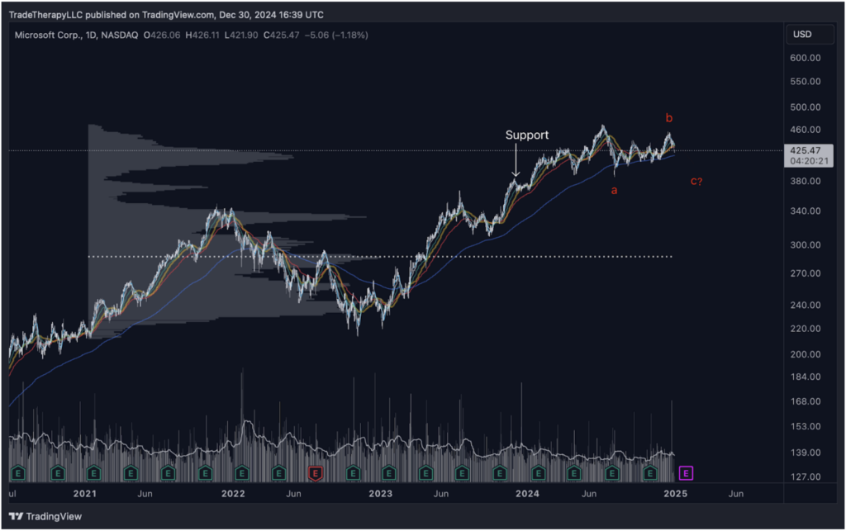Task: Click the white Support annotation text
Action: (526, 135)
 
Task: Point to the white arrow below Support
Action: (516, 160)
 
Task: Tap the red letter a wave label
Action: (613, 191)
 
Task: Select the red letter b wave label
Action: (668, 118)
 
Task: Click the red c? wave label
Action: (696, 182)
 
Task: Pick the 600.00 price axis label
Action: (804, 58)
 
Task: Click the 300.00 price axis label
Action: (804, 244)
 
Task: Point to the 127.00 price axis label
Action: (804, 477)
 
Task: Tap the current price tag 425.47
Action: (805, 150)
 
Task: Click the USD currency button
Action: (801, 34)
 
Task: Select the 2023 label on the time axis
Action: (380, 494)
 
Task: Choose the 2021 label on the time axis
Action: (85, 494)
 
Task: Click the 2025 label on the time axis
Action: (675, 494)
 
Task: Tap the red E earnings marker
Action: (315, 473)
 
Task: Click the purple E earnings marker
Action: (686, 473)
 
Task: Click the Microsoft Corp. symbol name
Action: (48, 35)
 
